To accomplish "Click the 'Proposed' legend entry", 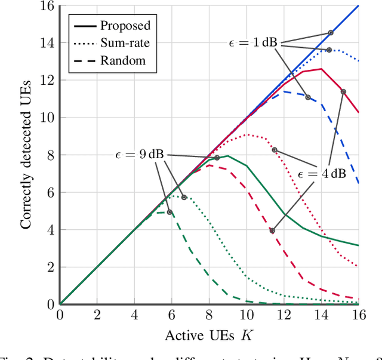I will pyautogui.click(x=125, y=25).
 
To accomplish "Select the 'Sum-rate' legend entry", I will pyautogui.click(x=125, y=43).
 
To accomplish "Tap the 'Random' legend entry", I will pyautogui.click(x=122, y=60).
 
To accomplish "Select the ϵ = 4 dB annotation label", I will pyautogui.click(x=322, y=174).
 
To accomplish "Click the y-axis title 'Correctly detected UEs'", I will pyautogui.click(x=26, y=155).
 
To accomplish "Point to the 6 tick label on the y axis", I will pyautogui.click(x=48, y=192).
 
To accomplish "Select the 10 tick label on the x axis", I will pyautogui.click(x=246, y=315).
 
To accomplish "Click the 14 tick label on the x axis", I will pyautogui.click(x=321, y=315).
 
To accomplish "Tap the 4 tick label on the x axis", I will pyautogui.click(x=134, y=315).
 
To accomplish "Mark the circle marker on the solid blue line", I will pyautogui.click(x=331, y=33).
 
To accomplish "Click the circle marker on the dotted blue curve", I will pyautogui.click(x=329, y=50).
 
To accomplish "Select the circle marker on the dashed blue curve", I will pyautogui.click(x=308, y=97).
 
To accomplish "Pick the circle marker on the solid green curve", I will pyautogui.click(x=217, y=158).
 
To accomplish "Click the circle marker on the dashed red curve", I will pyautogui.click(x=272, y=230).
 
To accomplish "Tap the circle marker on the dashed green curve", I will pyautogui.click(x=170, y=212).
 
